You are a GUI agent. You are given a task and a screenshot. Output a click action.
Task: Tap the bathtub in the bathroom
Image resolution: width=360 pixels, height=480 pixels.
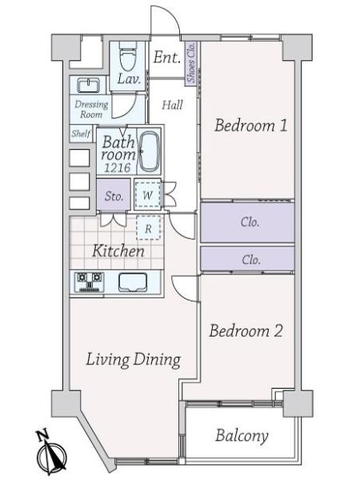[150, 152]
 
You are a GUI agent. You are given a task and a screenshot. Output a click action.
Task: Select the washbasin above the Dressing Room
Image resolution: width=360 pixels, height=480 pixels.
[88, 85]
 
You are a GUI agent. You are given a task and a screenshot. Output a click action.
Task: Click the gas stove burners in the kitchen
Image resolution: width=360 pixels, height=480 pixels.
[89, 281]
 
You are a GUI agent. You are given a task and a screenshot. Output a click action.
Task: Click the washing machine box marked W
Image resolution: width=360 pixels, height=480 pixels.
[148, 194]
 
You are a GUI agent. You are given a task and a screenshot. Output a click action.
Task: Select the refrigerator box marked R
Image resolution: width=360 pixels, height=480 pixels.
[148, 228]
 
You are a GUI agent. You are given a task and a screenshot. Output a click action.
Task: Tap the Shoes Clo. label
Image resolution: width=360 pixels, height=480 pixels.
[191, 62]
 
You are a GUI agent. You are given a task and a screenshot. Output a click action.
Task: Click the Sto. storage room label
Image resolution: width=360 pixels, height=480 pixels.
[114, 196]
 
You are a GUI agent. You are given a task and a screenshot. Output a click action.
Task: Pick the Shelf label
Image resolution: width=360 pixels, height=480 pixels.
[81, 134]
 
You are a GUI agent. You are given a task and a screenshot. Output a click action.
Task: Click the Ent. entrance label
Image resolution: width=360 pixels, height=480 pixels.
[167, 58]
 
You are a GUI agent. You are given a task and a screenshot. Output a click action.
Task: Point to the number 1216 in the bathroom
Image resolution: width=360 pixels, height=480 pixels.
[118, 167]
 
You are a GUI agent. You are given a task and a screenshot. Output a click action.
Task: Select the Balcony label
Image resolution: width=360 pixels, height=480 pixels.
[242, 435]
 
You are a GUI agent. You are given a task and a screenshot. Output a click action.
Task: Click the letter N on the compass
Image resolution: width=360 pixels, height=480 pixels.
[42, 436]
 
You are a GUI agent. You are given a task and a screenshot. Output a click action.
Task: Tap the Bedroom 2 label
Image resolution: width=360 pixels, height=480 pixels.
[246, 331]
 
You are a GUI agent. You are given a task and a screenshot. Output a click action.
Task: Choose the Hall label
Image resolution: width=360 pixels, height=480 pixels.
[172, 105]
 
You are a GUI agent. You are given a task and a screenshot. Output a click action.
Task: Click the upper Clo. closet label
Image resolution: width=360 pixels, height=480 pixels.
[250, 222]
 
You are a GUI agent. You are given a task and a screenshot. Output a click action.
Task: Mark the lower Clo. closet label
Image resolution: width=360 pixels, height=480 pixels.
[251, 260]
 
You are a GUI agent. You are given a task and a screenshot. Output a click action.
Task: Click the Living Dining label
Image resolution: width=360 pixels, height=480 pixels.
[133, 360]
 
